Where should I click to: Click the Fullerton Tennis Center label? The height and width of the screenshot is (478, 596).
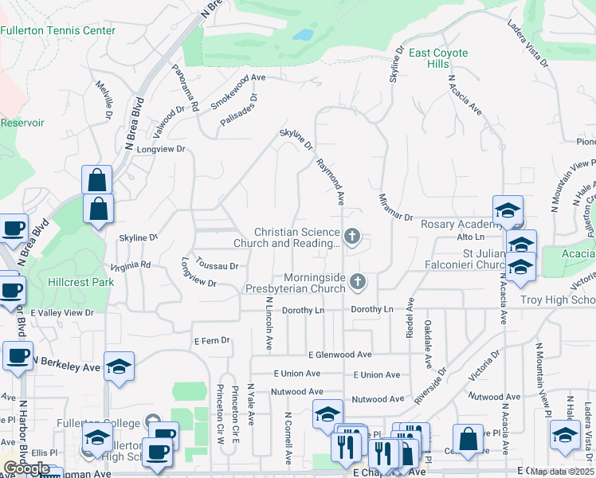pos(58,31)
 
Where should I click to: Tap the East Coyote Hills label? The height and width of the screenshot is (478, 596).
pos(438,58)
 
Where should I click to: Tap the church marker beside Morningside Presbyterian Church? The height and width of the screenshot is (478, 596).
pos(359,281)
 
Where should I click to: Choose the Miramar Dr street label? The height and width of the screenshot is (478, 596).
pos(394,206)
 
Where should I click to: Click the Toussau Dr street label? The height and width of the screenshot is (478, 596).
pos(218,267)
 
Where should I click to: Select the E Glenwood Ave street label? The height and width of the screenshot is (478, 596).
pos(340,355)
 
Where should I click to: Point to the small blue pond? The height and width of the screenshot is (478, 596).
pos(303,35)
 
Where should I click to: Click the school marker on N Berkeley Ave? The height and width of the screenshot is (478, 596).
pos(119,366)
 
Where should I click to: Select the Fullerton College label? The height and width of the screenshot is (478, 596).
pos(98,423)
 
